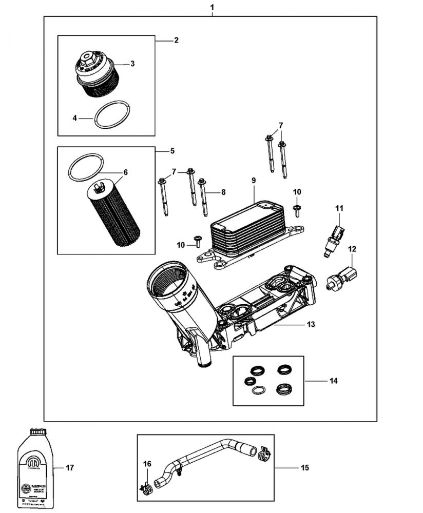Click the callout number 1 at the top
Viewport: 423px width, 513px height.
pos(213,8)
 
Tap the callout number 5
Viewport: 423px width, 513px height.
pos(172,151)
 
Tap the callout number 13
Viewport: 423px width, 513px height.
pos(311,324)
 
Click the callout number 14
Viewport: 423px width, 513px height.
pos(333,381)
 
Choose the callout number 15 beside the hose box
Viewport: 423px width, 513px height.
pos(304,468)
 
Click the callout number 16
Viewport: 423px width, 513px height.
pos(147,464)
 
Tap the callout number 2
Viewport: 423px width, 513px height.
pos(176,40)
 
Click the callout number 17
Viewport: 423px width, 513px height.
pos(70,468)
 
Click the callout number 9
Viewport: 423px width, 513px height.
pos(254,180)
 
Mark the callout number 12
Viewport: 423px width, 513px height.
pos(352,249)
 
